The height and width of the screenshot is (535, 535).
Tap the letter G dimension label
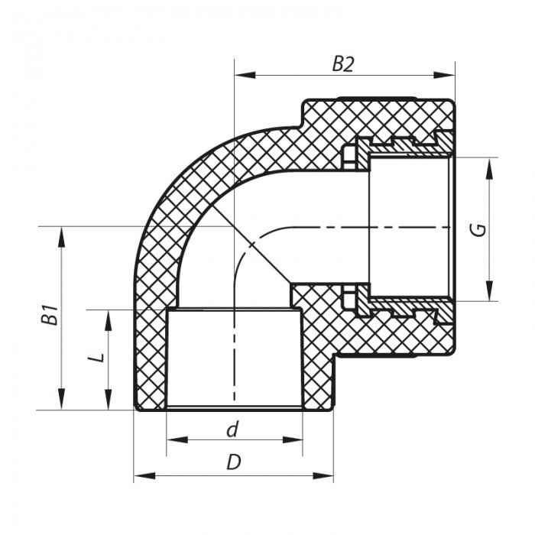click(479, 229)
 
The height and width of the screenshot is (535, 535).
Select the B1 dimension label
click(50, 315)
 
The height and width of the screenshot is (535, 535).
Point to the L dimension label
click(97, 357)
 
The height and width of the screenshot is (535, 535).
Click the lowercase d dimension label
click(232, 430)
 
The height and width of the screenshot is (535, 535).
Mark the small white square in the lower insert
click(351, 297)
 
